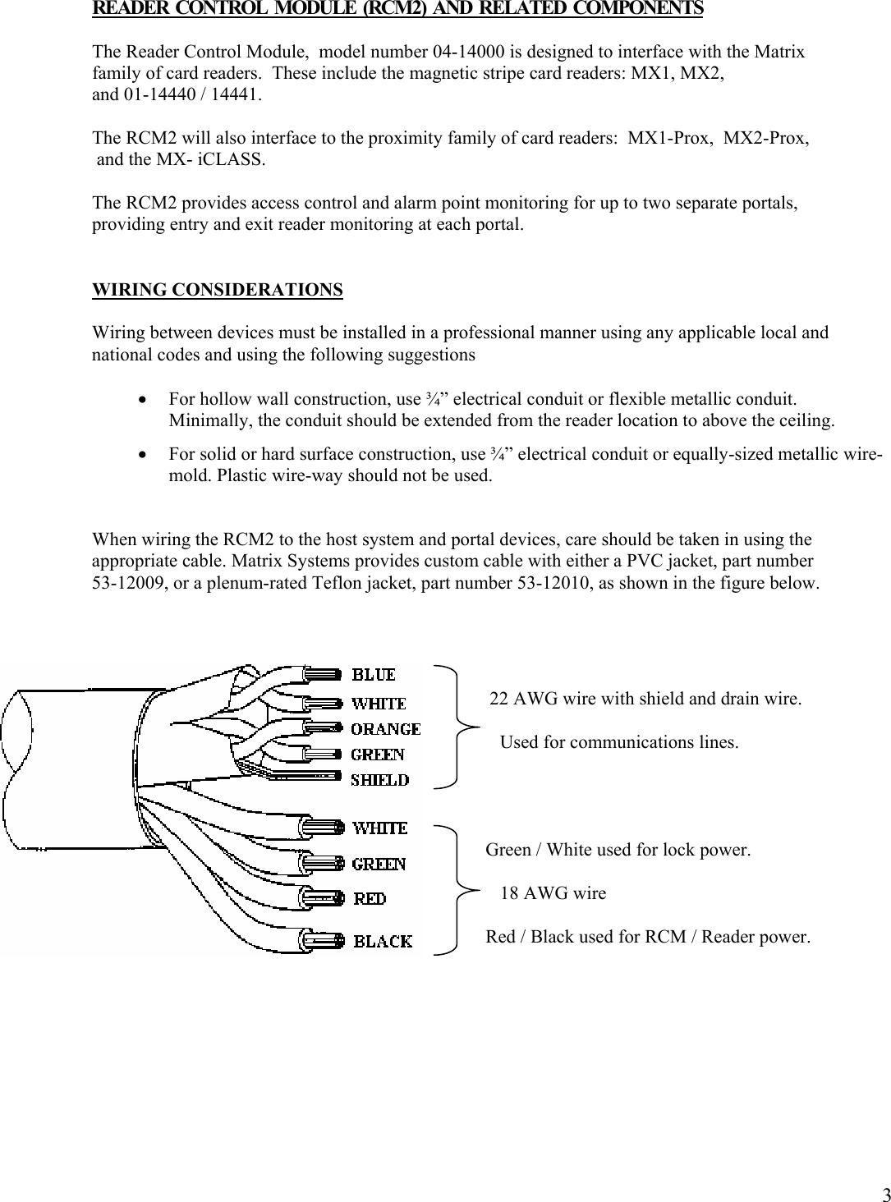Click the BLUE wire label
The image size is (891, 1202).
[x=374, y=675]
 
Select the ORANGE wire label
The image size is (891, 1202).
[x=385, y=729]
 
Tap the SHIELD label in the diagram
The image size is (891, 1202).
[x=379, y=780]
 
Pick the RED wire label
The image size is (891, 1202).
[x=370, y=899]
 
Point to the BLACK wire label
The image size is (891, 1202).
[x=383, y=941]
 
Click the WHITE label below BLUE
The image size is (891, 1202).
[x=379, y=704]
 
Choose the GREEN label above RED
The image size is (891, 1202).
[x=379, y=864]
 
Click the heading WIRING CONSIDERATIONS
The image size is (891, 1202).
[x=217, y=290]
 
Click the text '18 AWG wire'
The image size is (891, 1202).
[x=553, y=893]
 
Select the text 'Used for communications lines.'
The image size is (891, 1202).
[x=618, y=742]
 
